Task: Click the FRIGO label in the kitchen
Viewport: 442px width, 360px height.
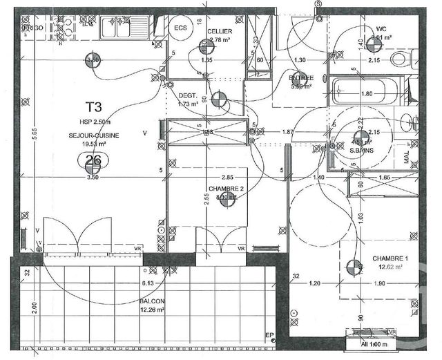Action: (x=32, y=27)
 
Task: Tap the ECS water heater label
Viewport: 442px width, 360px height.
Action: (x=181, y=28)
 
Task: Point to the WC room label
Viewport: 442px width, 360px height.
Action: (x=381, y=30)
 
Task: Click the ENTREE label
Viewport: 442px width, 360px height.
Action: (x=301, y=78)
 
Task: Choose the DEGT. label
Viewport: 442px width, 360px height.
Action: (x=188, y=95)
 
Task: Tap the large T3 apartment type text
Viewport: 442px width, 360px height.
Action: (x=93, y=107)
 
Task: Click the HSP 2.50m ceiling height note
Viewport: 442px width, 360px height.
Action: (x=93, y=123)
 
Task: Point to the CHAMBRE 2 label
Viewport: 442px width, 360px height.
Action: (x=227, y=189)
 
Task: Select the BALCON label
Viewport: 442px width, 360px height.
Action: (x=152, y=301)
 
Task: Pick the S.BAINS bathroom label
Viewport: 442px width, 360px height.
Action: (x=361, y=149)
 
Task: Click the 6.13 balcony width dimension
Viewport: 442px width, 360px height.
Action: (x=148, y=283)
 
